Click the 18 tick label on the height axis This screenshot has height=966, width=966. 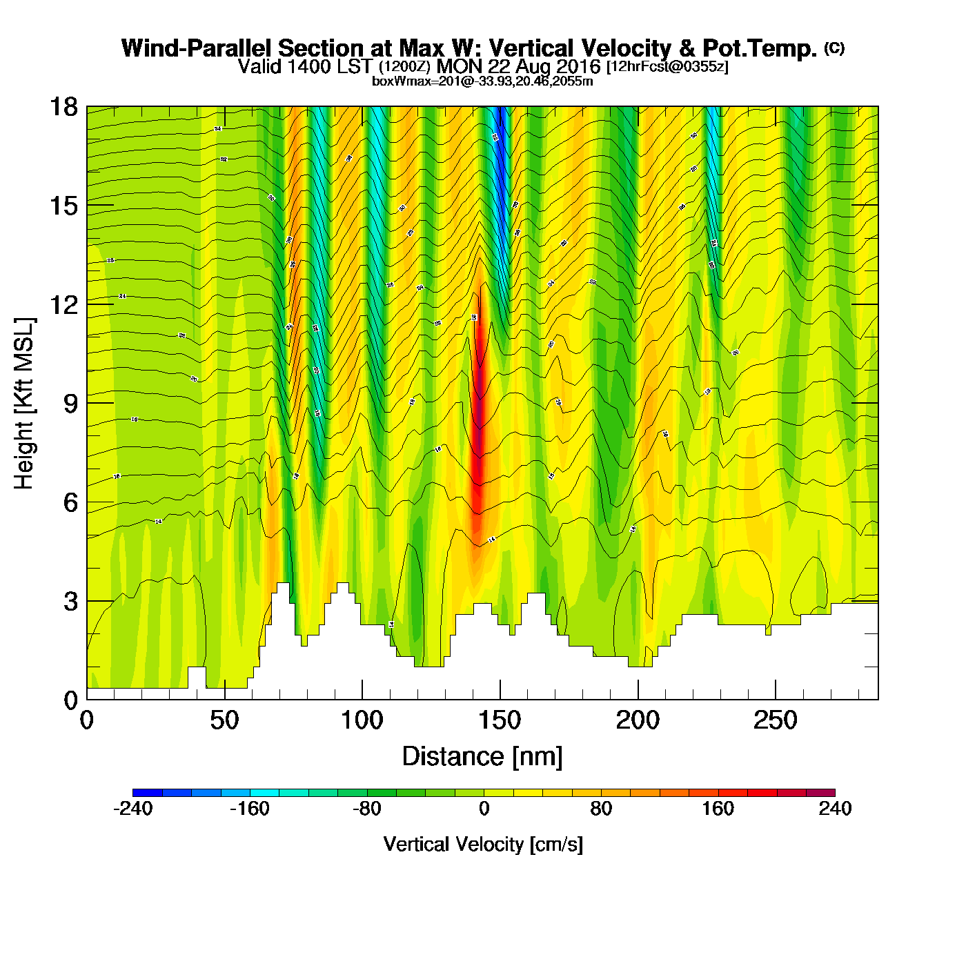[x=63, y=107]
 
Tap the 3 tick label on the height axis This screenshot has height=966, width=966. [x=70, y=602]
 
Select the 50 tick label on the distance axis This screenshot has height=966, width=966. [x=224, y=721]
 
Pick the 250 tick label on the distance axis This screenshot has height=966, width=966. [x=776, y=721]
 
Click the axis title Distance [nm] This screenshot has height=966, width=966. [x=482, y=757]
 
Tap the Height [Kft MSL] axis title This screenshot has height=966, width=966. [x=24, y=404]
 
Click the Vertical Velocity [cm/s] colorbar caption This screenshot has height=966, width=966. [x=483, y=845]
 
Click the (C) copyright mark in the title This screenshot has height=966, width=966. [x=834, y=48]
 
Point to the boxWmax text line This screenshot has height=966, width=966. [x=482, y=81]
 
